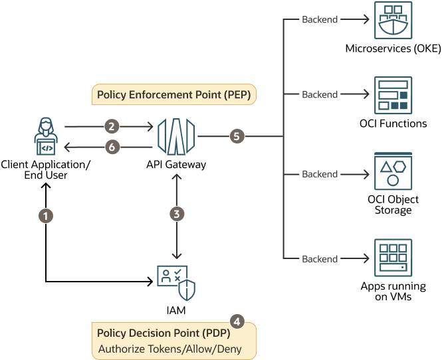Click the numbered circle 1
[x=45, y=215]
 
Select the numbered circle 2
[x=112, y=125]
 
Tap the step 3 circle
[x=177, y=213]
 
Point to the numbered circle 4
[x=237, y=319]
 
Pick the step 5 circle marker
[x=236, y=137]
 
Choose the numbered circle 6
[x=112, y=147]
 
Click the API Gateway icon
[x=177, y=136]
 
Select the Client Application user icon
[x=45, y=137]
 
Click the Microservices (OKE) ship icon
[x=393, y=21]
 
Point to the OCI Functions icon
[x=393, y=96]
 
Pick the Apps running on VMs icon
[x=393, y=258]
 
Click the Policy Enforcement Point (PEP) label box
[x=173, y=95]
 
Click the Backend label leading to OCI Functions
[x=320, y=94]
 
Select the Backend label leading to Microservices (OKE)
[x=320, y=19]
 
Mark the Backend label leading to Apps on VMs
[x=320, y=258]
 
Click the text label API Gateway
[x=177, y=165]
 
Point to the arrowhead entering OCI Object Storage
[x=365, y=174]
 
